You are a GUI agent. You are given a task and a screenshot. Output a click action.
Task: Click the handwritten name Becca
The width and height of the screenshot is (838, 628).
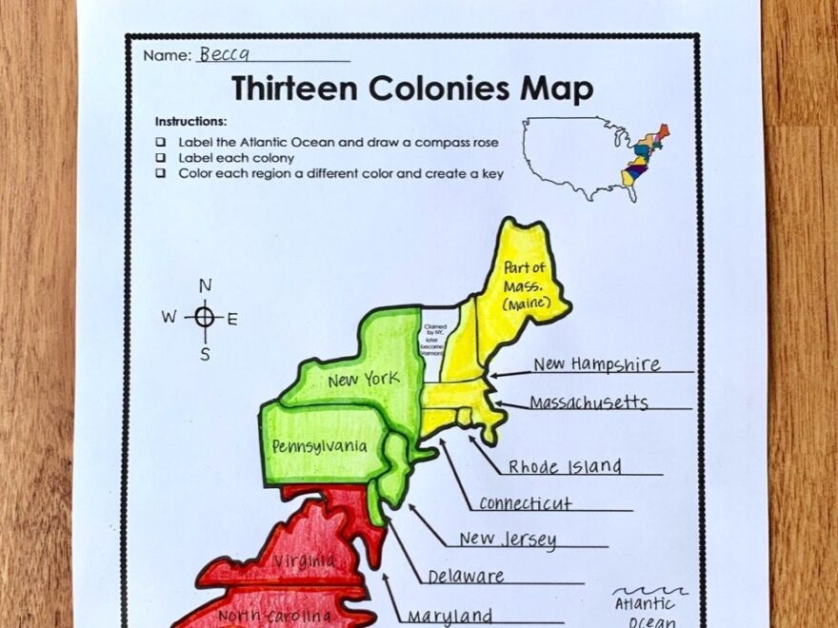coord(218,54)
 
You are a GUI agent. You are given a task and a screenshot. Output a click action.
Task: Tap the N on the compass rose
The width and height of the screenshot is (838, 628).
coord(205,285)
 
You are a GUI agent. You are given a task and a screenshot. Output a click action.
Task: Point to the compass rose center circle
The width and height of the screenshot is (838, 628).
coord(205,318)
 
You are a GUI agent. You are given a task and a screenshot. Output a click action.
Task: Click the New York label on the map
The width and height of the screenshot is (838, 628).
coord(363,381)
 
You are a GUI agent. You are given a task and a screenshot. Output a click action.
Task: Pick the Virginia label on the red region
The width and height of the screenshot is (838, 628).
coord(304,561)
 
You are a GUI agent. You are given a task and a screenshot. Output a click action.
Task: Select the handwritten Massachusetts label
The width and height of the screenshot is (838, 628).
coord(589,403)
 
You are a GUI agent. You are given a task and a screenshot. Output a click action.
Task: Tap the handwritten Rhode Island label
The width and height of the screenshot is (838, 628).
coord(565,467)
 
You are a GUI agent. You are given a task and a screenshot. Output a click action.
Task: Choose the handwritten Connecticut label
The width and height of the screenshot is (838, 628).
coord(525,503)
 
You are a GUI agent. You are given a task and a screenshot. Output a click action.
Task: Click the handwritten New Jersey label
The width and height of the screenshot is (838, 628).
coord(508,540)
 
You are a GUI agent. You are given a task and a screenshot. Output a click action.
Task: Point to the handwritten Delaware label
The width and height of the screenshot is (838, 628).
coord(466,577)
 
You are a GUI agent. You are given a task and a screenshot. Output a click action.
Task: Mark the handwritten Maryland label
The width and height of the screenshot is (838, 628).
coord(449,616)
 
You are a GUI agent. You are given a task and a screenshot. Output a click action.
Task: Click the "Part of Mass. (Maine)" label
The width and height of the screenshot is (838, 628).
coord(525,284)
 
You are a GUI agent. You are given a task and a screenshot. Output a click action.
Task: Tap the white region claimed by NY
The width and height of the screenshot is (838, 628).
coord(439,338)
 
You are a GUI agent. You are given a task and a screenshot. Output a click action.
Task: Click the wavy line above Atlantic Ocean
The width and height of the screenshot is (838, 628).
coord(651,590)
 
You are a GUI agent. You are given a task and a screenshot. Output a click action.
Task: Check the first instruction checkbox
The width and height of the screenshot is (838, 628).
coord(161,142)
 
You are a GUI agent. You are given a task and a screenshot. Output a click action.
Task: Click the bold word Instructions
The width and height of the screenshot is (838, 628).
coord(190,122)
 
